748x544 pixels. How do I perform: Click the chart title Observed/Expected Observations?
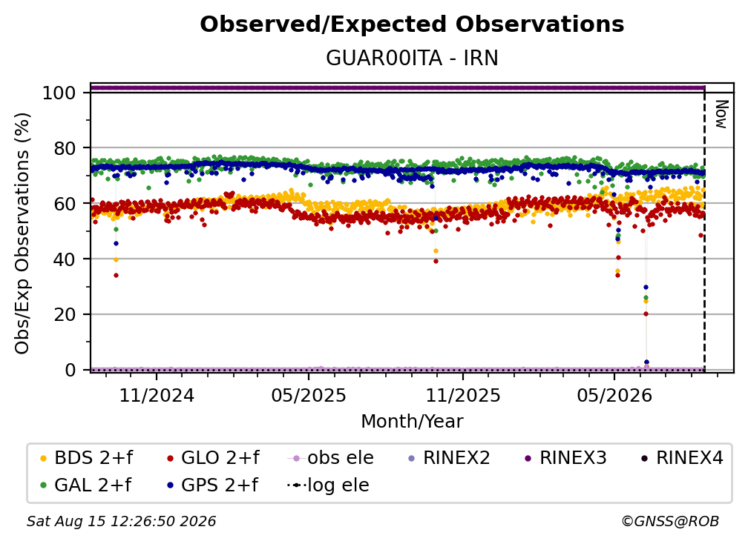coord(412,24)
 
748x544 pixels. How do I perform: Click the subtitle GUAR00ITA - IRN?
coord(412,58)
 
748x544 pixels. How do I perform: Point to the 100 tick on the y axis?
coord(59,93)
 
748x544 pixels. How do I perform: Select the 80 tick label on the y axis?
coord(65,148)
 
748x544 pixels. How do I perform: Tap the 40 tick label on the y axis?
coord(65,259)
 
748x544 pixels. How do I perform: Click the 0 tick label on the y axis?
coord(70,370)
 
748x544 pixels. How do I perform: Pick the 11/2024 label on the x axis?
coord(157,395)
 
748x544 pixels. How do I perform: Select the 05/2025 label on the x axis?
coord(309,395)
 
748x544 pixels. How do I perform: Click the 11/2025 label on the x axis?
coord(463,395)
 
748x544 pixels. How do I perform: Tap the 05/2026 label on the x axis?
coord(614,395)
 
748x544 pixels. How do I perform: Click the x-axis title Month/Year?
coord(412,421)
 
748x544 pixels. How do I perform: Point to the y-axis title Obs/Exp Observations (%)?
coord(22,233)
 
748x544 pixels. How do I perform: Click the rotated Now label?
coord(721,114)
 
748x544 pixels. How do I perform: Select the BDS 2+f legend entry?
coord(86,458)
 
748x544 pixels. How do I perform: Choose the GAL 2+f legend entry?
coord(85,485)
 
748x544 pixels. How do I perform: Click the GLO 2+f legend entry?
coord(213,458)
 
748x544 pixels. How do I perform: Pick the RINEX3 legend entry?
coord(565,458)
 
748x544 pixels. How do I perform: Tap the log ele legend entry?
coord(328,485)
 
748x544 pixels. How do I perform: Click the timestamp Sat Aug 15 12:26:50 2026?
coord(121,521)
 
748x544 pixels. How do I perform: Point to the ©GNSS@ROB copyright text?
coord(670,521)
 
